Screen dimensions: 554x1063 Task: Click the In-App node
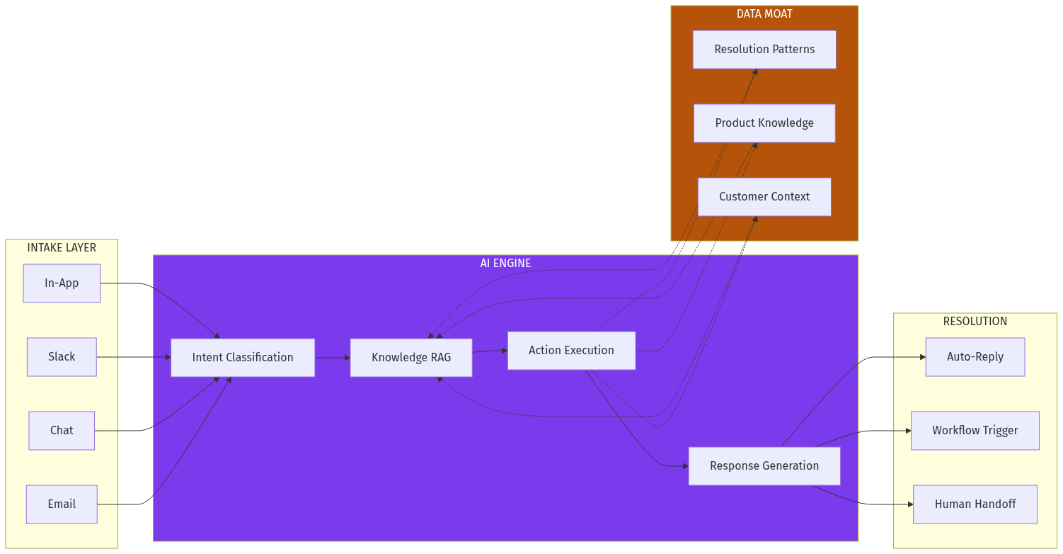[x=62, y=283]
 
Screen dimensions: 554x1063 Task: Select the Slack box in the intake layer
[x=62, y=357]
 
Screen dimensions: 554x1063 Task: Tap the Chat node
[x=62, y=431]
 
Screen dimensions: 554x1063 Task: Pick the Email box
[x=62, y=504]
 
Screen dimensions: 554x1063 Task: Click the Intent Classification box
[x=243, y=358]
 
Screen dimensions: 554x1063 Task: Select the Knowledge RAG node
[x=411, y=358]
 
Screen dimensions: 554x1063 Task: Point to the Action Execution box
[x=571, y=351]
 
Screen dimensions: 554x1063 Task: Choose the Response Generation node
[x=764, y=466]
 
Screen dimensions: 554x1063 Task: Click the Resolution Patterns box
[x=764, y=50]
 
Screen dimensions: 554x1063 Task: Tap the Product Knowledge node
[x=764, y=123]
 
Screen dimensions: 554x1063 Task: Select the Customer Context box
[x=764, y=197]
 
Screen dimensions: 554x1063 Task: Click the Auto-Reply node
[x=975, y=357]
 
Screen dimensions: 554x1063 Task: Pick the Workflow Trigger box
[x=975, y=431]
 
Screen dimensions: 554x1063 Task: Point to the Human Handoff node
[x=975, y=504]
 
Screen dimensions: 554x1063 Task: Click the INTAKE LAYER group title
[x=62, y=248]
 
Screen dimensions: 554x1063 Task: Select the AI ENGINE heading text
[x=505, y=264]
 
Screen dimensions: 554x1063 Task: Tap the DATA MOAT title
[x=764, y=14]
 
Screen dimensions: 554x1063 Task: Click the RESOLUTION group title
[x=975, y=322]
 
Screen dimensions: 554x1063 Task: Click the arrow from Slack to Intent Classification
[x=134, y=357]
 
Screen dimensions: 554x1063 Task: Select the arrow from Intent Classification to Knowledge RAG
[x=333, y=358]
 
